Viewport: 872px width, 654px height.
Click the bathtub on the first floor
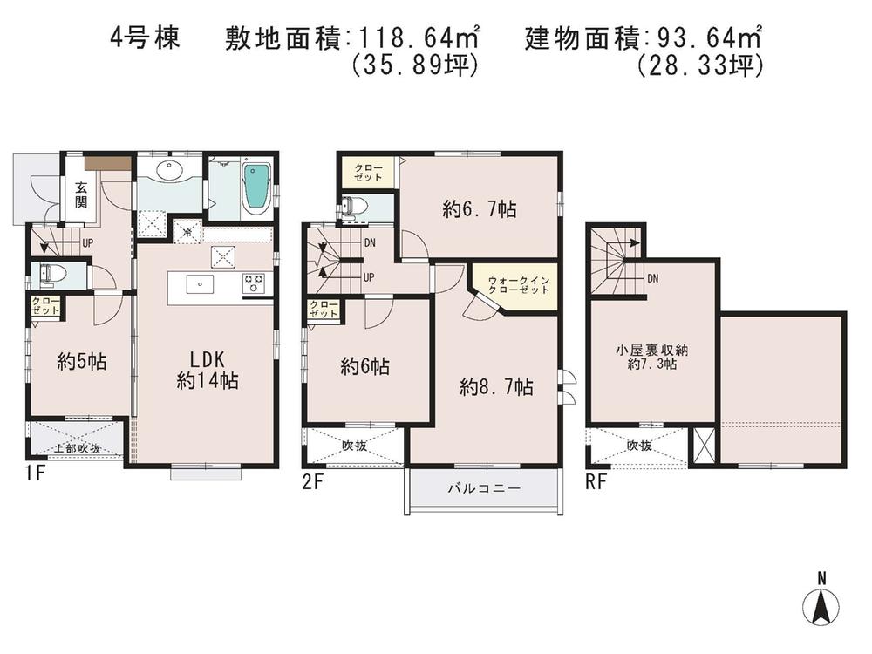pyautogui.click(x=255, y=187)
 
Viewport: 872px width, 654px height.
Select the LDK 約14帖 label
pyautogui.click(x=208, y=370)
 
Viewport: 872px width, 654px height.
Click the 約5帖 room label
pyautogui.click(x=83, y=361)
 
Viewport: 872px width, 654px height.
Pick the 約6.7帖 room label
pyautogui.click(x=479, y=209)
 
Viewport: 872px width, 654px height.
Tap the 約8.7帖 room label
pyautogui.click(x=496, y=388)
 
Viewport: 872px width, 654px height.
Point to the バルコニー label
pyautogui.click(x=484, y=489)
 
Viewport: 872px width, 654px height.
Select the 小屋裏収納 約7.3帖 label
pyautogui.click(x=652, y=358)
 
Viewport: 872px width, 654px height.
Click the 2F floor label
pyautogui.click(x=313, y=480)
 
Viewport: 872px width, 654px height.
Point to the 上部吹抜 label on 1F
pyautogui.click(x=77, y=448)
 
